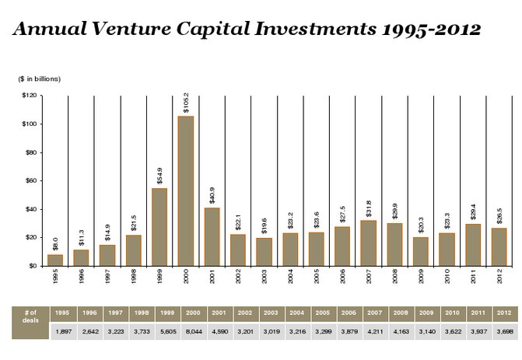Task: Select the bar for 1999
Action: (x=159, y=226)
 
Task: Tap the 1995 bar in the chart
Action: (x=55, y=260)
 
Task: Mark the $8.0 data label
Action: (x=55, y=244)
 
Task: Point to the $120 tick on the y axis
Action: (x=30, y=96)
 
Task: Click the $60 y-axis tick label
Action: (x=32, y=180)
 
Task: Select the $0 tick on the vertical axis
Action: (x=34, y=265)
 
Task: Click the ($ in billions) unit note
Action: (x=40, y=79)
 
